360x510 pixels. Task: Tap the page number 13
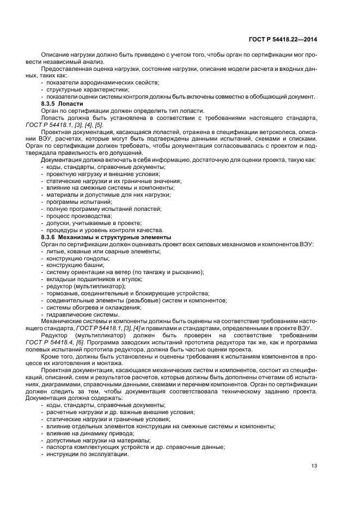(x=314, y=465)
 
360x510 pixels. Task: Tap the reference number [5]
(x=98, y=124)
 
